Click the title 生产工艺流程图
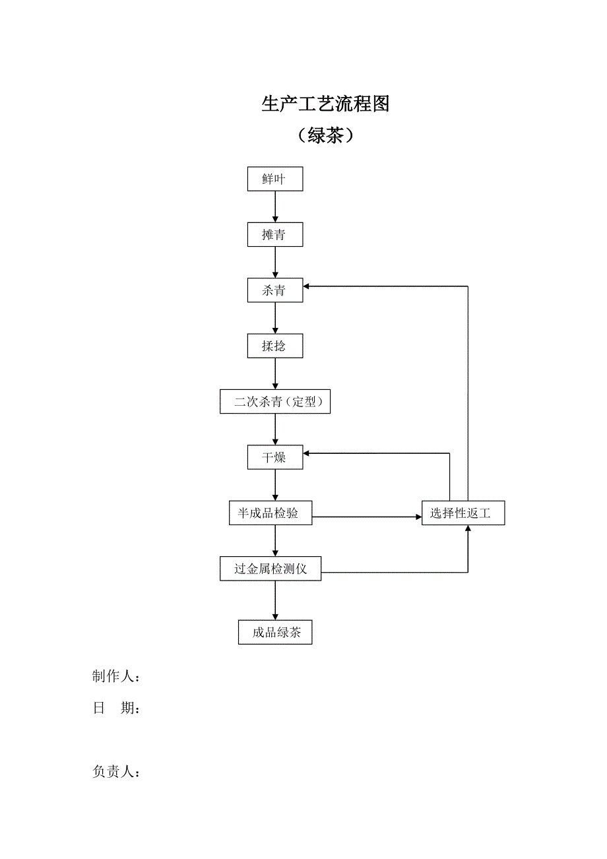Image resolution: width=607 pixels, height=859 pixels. (x=325, y=104)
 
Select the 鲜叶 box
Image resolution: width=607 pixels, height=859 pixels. (x=275, y=179)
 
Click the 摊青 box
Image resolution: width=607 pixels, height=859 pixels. (x=275, y=235)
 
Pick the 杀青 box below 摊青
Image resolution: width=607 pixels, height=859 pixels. (x=275, y=290)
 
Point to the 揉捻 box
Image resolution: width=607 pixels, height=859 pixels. (x=275, y=346)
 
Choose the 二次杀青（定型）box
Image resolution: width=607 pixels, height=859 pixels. (x=275, y=402)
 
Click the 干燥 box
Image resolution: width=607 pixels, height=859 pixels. (x=275, y=457)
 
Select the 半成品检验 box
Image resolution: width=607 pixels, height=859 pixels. (x=271, y=513)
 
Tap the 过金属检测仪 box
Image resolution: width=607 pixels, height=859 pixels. (x=271, y=569)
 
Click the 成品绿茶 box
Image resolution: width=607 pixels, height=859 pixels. (x=275, y=633)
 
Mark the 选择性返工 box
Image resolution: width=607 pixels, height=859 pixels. (x=463, y=513)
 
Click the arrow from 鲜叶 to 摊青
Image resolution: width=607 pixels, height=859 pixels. (x=275, y=207)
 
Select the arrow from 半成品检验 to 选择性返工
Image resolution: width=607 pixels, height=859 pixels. (x=367, y=517)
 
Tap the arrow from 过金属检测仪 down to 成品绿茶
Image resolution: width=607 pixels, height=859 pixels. (x=275, y=600)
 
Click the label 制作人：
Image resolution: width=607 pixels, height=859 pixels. (x=116, y=677)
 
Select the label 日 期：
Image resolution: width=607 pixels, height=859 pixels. (x=116, y=709)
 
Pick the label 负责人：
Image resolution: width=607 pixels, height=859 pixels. (x=116, y=772)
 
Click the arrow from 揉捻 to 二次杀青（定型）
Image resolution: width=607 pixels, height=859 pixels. (x=275, y=373)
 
